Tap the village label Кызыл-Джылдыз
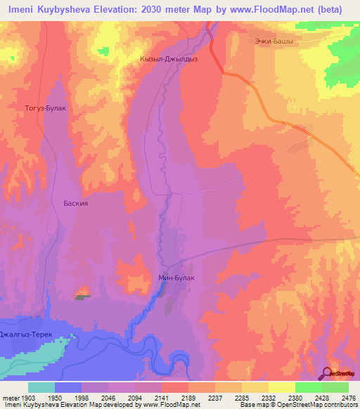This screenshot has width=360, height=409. pyautogui.click(x=169, y=60)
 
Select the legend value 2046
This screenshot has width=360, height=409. pyautogui.click(x=108, y=397)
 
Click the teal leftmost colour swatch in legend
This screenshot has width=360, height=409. pyautogui.click(x=41, y=387)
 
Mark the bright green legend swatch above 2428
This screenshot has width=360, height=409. pyautogui.click(x=308, y=387)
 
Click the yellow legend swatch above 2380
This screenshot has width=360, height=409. pyautogui.click(x=281, y=387)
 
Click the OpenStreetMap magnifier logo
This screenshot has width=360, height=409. pyautogui.click(x=328, y=372)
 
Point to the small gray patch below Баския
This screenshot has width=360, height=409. pyautogui.click(x=84, y=297)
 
